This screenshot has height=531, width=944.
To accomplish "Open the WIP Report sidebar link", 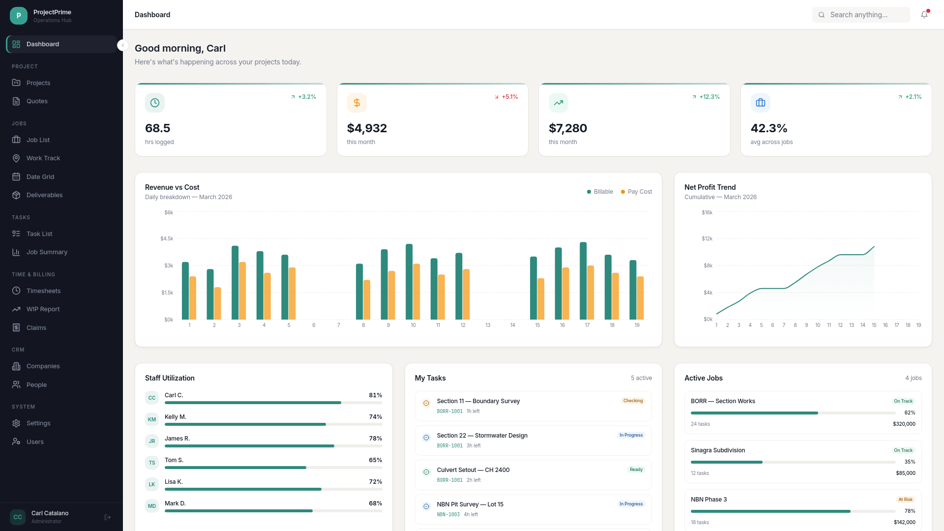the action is pos(43,309).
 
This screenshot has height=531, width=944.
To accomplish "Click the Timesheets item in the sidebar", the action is pos(43,291).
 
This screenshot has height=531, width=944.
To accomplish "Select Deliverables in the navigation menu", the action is pos(44,195).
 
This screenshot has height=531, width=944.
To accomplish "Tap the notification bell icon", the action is pos(924,15).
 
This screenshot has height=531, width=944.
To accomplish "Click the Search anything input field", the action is pos(861,15).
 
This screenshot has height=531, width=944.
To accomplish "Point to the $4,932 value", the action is pos(367,128).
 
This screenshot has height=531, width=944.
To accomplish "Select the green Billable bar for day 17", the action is pos(583,281).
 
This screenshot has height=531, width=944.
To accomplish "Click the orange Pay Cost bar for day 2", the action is pos(218,303).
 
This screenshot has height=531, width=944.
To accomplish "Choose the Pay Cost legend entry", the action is pos(636,192).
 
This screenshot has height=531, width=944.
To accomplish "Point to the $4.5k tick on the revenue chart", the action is pos(167,239).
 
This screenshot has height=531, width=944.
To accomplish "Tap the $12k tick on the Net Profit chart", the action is pos(707,239).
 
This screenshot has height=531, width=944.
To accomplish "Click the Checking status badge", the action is pos(633,401).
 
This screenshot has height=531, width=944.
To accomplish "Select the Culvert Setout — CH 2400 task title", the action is pos(473,470).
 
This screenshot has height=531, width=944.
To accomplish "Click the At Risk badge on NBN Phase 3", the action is pos(905,499).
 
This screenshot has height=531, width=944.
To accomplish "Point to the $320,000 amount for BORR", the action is pos(904,424).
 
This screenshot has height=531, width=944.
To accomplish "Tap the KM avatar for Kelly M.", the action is pos(152,419).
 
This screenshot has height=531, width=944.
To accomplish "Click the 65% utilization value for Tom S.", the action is pos(376,460).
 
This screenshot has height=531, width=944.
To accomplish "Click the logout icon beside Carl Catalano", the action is pos(108,517).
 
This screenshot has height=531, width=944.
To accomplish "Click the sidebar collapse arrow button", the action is pos(123,45).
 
